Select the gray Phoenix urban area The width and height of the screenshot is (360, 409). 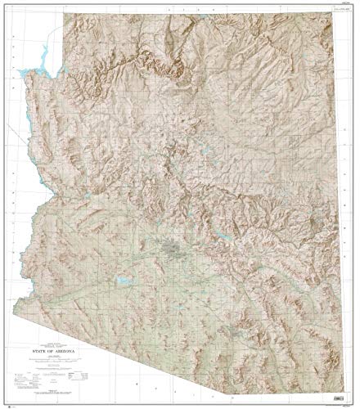[173, 246]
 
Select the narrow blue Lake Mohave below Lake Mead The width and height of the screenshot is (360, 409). [38, 106]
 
